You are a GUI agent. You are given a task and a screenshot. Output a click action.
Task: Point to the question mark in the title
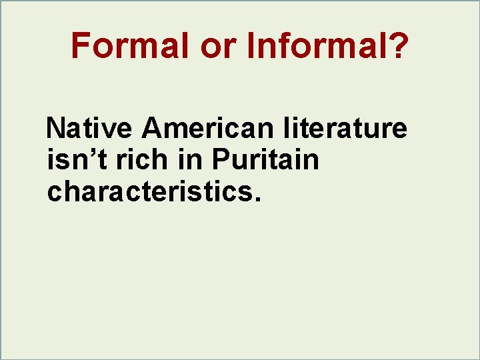396,46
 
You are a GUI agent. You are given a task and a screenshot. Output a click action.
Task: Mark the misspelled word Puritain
266,160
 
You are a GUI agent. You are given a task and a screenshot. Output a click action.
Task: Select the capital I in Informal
251,46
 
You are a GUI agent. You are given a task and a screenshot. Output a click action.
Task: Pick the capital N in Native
57,128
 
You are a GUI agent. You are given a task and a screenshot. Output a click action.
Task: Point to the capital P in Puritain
219,160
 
